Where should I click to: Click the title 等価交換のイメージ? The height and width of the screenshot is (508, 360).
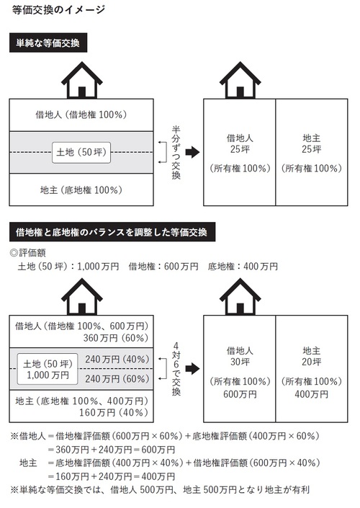(58, 10)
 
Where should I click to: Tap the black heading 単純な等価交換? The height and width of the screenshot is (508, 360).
(48, 43)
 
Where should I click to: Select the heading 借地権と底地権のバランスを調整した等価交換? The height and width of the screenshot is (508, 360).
(112, 232)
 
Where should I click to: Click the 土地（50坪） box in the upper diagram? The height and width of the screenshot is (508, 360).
(81, 152)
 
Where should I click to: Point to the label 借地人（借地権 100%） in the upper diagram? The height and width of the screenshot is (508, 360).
(81, 115)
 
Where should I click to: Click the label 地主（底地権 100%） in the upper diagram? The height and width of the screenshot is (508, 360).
(81, 190)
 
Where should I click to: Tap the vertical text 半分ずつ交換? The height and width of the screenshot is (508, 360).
(176, 153)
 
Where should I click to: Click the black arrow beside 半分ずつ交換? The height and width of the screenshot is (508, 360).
(193, 152)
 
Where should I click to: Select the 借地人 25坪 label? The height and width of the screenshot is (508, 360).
(240, 144)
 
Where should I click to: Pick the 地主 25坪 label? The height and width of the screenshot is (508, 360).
(312, 144)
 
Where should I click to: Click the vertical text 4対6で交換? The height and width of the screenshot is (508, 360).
(176, 369)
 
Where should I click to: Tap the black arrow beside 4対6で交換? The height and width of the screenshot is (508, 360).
(193, 368)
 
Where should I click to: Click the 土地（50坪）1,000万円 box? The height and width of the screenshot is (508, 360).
(48, 369)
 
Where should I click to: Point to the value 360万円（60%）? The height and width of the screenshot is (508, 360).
(116, 338)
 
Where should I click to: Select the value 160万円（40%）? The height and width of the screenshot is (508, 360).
(114, 412)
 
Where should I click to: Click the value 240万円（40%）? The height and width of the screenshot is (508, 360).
(117, 360)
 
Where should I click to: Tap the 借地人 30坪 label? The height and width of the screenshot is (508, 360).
(240, 356)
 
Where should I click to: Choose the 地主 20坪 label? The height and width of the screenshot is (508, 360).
(312, 356)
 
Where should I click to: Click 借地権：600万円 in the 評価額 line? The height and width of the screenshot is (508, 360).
(163, 267)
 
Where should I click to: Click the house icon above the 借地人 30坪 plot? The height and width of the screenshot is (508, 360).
(240, 296)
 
